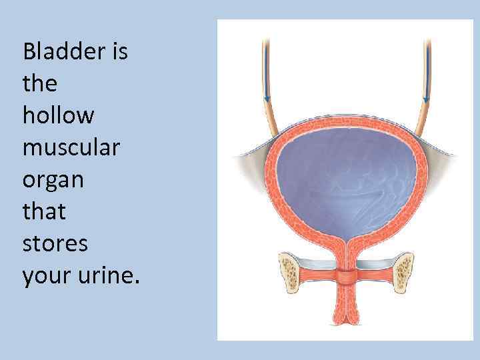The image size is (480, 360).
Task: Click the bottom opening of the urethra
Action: (x=347, y=324)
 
